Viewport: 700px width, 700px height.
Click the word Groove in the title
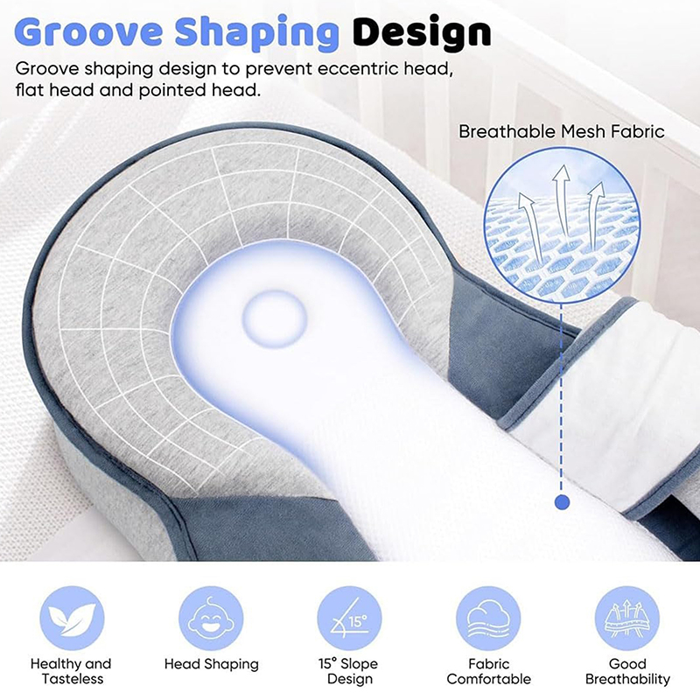[89, 31]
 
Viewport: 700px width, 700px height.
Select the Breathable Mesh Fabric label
[562, 132]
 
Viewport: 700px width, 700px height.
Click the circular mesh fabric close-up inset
[562, 226]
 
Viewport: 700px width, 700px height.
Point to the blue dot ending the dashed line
[562, 502]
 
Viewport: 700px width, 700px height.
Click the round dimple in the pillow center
[275, 318]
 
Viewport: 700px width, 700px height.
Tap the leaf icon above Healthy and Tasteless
[72, 619]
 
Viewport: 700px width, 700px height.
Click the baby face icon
[211, 619]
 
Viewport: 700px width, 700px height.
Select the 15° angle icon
[349, 619]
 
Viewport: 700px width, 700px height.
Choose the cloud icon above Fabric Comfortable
[488, 619]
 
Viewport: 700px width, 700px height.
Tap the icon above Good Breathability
[627, 619]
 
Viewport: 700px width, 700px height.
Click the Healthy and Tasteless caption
[71, 671]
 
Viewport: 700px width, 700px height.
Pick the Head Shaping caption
[211, 665]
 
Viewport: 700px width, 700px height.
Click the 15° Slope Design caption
[348, 671]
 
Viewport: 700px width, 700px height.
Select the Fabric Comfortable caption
[489, 671]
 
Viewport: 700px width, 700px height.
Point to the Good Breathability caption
[627, 671]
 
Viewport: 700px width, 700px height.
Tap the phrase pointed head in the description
[199, 91]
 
